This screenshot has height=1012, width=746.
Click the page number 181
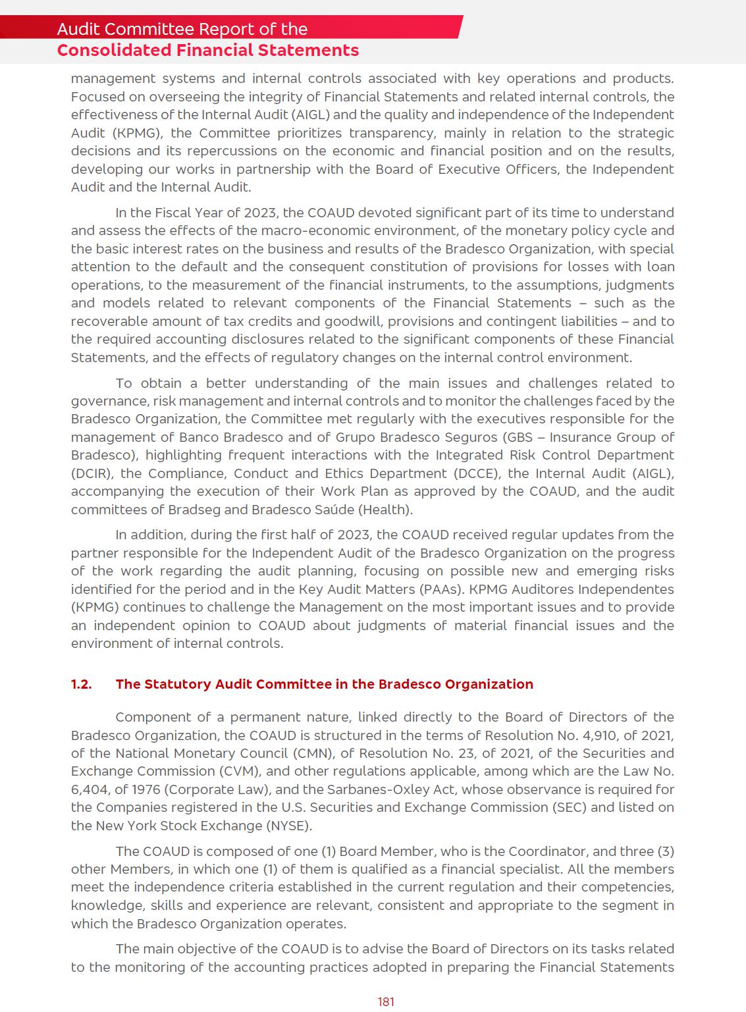click(x=386, y=1001)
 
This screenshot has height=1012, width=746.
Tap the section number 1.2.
click(x=81, y=684)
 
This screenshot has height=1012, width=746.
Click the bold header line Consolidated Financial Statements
click(x=208, y=51)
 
